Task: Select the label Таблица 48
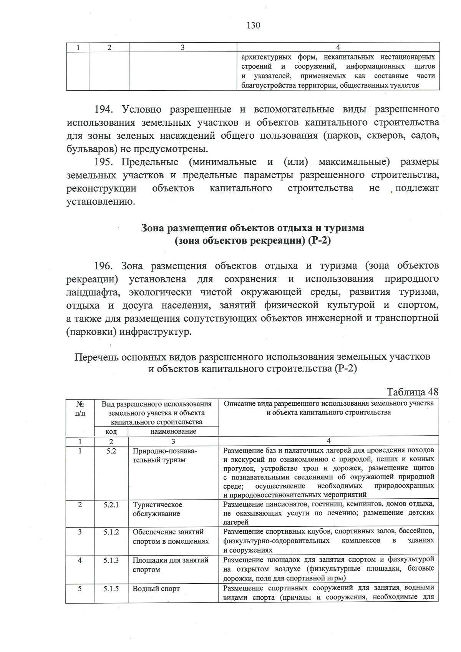[x=412, y=392]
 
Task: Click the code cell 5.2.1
[x=111, y=505]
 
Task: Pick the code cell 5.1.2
[x=111, y=532]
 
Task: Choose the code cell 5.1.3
[x=111, y=561]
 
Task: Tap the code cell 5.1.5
[x=111, y=589]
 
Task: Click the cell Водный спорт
[x=156, y=589]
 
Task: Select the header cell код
[x=111, y=432]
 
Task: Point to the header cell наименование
[x=173, y=431]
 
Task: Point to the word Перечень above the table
[x=96, y=357]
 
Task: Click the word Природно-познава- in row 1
[x=164, y=451]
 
